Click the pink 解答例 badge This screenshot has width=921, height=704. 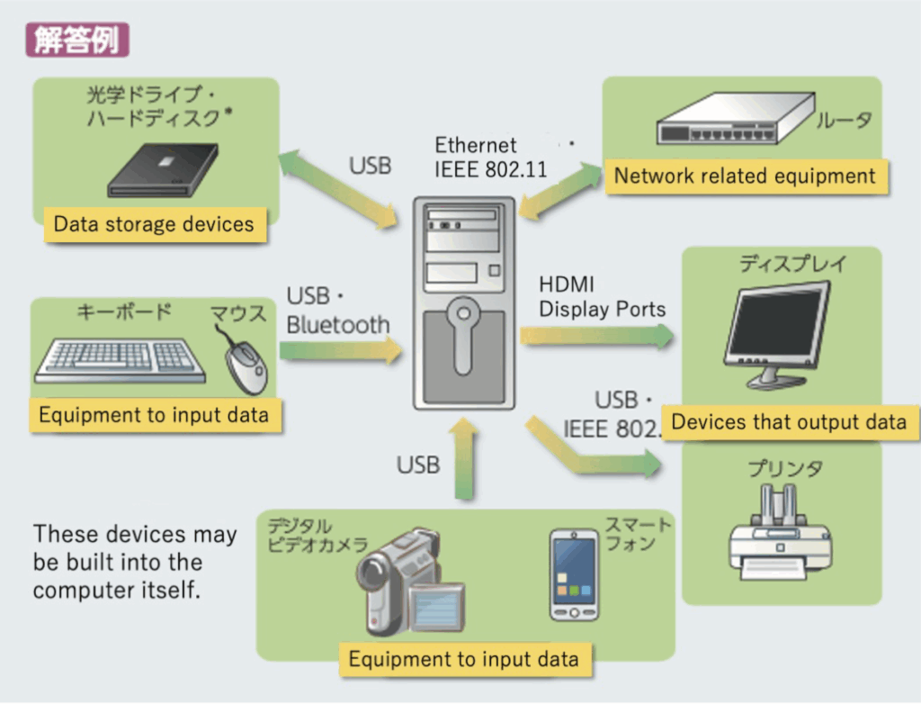[77, 40]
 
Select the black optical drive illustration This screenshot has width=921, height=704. [164, 170]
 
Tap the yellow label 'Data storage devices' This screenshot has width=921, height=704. [154, 224]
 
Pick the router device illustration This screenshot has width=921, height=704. [731, 121]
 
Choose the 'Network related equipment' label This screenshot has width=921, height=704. [745, 176]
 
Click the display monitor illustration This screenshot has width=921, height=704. [779, 333]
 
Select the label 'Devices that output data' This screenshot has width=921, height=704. [789, 422]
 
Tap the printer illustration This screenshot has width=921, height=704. [779, 532]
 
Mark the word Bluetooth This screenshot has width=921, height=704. [338, 324]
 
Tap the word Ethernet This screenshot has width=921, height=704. [476, 145]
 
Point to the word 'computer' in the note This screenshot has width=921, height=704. [78, 591]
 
